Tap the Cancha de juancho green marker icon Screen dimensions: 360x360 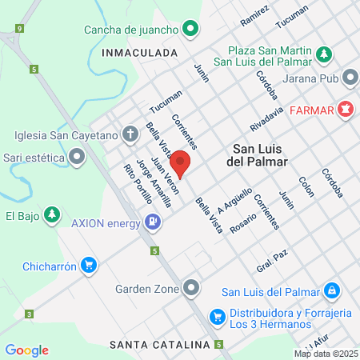(190, 31)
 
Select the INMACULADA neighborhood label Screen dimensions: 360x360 (139, 52)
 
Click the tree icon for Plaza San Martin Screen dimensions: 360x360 (323, 54)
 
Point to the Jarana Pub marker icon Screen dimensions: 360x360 (350, 78)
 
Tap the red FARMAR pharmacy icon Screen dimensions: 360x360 (346, 109)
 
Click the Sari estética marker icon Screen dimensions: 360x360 (76, 158)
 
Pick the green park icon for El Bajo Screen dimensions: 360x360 (51, 215)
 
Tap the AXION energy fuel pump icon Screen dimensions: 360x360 (152, 222)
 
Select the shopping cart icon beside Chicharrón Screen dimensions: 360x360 (89, 266)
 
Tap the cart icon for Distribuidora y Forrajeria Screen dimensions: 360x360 (216, 318)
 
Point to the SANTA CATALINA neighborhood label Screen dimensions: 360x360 (160, 345)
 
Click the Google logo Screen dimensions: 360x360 (27, 350)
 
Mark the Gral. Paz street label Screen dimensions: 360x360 (271, 266)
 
